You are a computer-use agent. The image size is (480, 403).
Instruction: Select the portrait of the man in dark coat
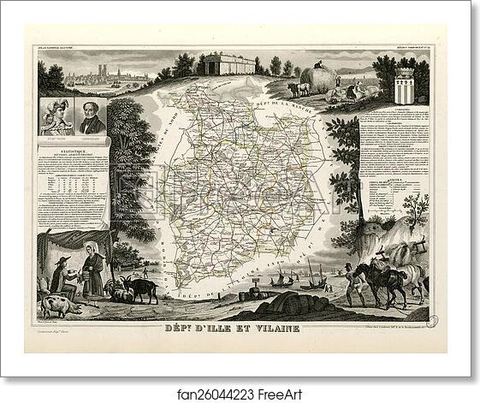coord(92,116)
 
